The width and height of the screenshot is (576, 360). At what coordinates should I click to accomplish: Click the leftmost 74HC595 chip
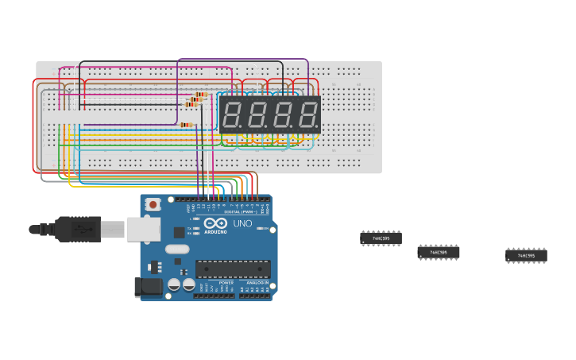click(x=381, y=238)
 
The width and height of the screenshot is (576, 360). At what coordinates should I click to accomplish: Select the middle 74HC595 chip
click(x=438, y=253)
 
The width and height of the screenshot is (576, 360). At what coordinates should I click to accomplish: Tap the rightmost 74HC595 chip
click(x=526, y=256)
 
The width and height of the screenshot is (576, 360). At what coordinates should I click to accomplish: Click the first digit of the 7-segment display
click(x=233, y=115)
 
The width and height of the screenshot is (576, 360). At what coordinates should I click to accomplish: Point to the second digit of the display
click(x=257, y=115)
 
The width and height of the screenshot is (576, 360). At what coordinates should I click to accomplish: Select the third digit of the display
click(x=282, y=115)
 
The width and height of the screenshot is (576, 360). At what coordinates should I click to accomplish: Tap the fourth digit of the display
click(x=306, y=115)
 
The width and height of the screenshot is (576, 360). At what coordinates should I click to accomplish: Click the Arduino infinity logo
click(x=215, y=224)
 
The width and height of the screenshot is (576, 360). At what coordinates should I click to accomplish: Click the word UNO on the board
click(x=242, y=224)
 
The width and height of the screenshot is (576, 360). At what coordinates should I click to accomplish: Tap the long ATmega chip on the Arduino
click(x=233, y=269)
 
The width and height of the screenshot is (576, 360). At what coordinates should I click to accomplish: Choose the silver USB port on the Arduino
click(x=143, y=229)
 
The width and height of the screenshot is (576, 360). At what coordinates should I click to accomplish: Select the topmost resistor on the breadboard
click(x=200, y=94)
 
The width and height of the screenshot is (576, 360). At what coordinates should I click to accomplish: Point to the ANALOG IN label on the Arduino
click(x=256, y=283)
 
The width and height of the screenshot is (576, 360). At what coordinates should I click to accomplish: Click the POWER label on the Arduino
click(x=226, y=283)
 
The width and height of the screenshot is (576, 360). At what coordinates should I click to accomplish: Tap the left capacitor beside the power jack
click(x=174, y=285)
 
